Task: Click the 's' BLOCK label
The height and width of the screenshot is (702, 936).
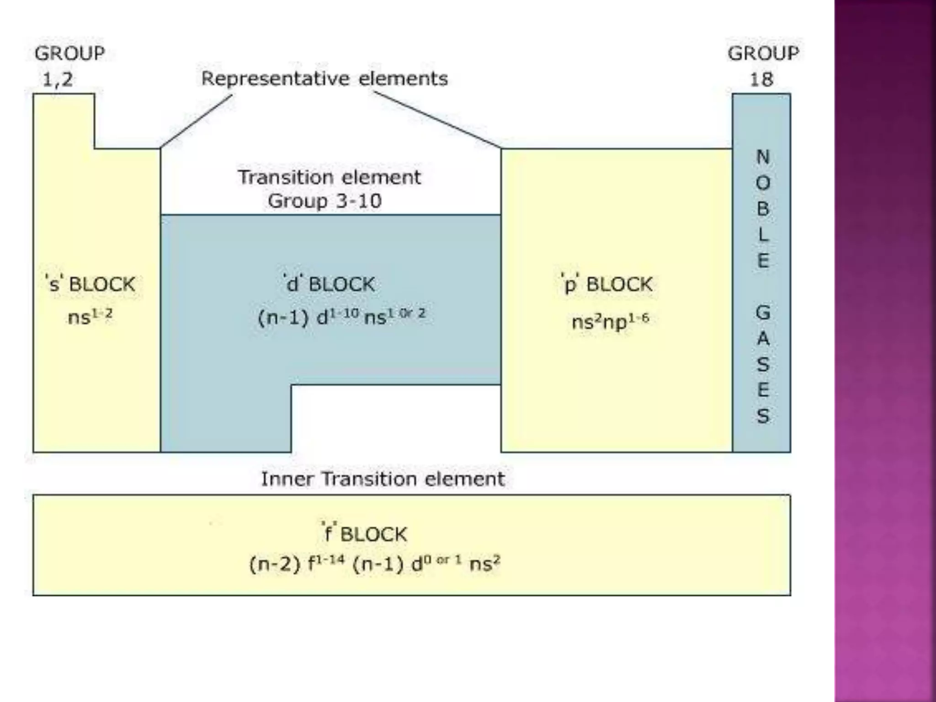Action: (x=90, y=284)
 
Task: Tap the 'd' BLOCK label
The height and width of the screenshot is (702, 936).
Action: (x=329, y=284)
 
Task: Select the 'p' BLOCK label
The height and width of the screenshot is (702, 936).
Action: (x=607, y=284)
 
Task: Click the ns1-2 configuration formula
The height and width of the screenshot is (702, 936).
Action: (x=90, y=316)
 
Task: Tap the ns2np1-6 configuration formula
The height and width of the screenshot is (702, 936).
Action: (x=610, y=321)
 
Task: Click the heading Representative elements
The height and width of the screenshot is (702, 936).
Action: (x=324, y=79)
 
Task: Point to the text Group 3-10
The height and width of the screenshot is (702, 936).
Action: (x=324, y=201)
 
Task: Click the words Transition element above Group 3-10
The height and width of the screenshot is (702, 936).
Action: (x=329, y=177)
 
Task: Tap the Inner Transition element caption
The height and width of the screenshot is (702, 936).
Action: (x=383, y=479)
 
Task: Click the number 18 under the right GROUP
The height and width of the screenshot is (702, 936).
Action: (x=761, y=80)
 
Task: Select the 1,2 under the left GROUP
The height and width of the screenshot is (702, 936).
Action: (x=58, y=80)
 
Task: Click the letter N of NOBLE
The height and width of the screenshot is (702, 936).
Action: (x=763, y=157)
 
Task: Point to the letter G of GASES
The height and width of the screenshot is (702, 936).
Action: (x=763, y=313)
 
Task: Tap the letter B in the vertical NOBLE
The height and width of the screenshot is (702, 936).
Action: (x=763, y=209)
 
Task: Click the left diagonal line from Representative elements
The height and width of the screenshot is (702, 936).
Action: (x=197, y=122)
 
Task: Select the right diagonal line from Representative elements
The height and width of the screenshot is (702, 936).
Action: (x=437, y=120)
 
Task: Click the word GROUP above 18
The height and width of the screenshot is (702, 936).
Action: (x=763, y=53)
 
